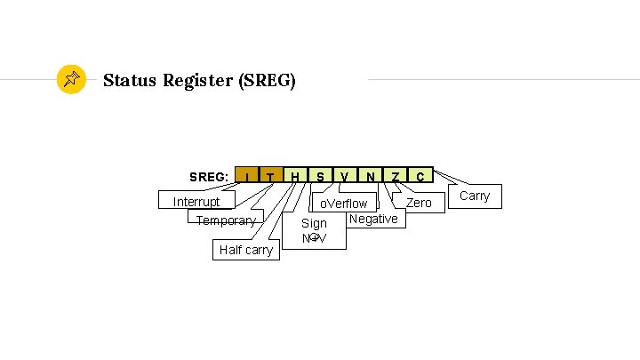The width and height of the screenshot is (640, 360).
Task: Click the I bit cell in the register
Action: coord(246,176)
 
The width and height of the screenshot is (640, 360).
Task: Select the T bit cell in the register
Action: coord(271,176)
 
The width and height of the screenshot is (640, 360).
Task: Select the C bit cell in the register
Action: coord(420,176)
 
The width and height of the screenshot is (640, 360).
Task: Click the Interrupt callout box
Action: coord(196,202)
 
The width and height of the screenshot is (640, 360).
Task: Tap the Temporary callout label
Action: coord(226,220)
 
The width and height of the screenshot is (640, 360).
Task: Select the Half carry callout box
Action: coord(246,250)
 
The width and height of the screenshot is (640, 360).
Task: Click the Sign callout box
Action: coord(314,231)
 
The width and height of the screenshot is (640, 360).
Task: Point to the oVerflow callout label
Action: coord(344,204)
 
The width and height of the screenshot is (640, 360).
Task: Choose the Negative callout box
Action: coord(373,219)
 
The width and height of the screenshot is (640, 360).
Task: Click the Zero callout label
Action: coord(419,203)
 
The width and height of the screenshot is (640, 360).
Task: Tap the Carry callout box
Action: coord(474,196)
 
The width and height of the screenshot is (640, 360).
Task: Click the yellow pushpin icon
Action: coord(71,80)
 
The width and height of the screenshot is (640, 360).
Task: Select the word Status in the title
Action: coord(130,81)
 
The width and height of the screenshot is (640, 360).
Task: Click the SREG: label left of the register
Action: coord(209,177)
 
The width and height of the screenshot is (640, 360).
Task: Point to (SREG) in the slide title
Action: coord(267,81)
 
